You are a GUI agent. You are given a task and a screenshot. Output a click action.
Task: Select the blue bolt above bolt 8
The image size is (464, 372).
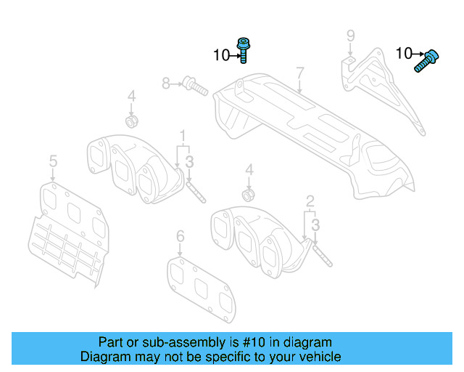click(x=244, y=50)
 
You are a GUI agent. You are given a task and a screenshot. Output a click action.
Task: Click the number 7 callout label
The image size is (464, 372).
click(x=298, y=73)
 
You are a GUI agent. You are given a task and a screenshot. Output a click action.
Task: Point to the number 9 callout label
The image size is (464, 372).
click(x=350, y=36)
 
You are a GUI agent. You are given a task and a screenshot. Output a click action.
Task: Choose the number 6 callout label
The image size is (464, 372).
click(x=181, y=236)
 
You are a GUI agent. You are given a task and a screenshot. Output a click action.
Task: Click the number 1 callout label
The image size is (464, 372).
click(x=183, y=135)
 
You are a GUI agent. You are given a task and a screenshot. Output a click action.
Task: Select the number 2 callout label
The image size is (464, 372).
click(x=310, y=200)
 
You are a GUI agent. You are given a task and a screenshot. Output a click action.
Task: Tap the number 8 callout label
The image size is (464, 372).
click(x=166, y=84)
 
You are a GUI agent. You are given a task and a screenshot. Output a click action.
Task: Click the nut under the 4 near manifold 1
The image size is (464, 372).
click(x=132, y=119)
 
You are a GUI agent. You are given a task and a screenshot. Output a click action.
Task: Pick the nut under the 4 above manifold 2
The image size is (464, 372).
click(x=249, y=194)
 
